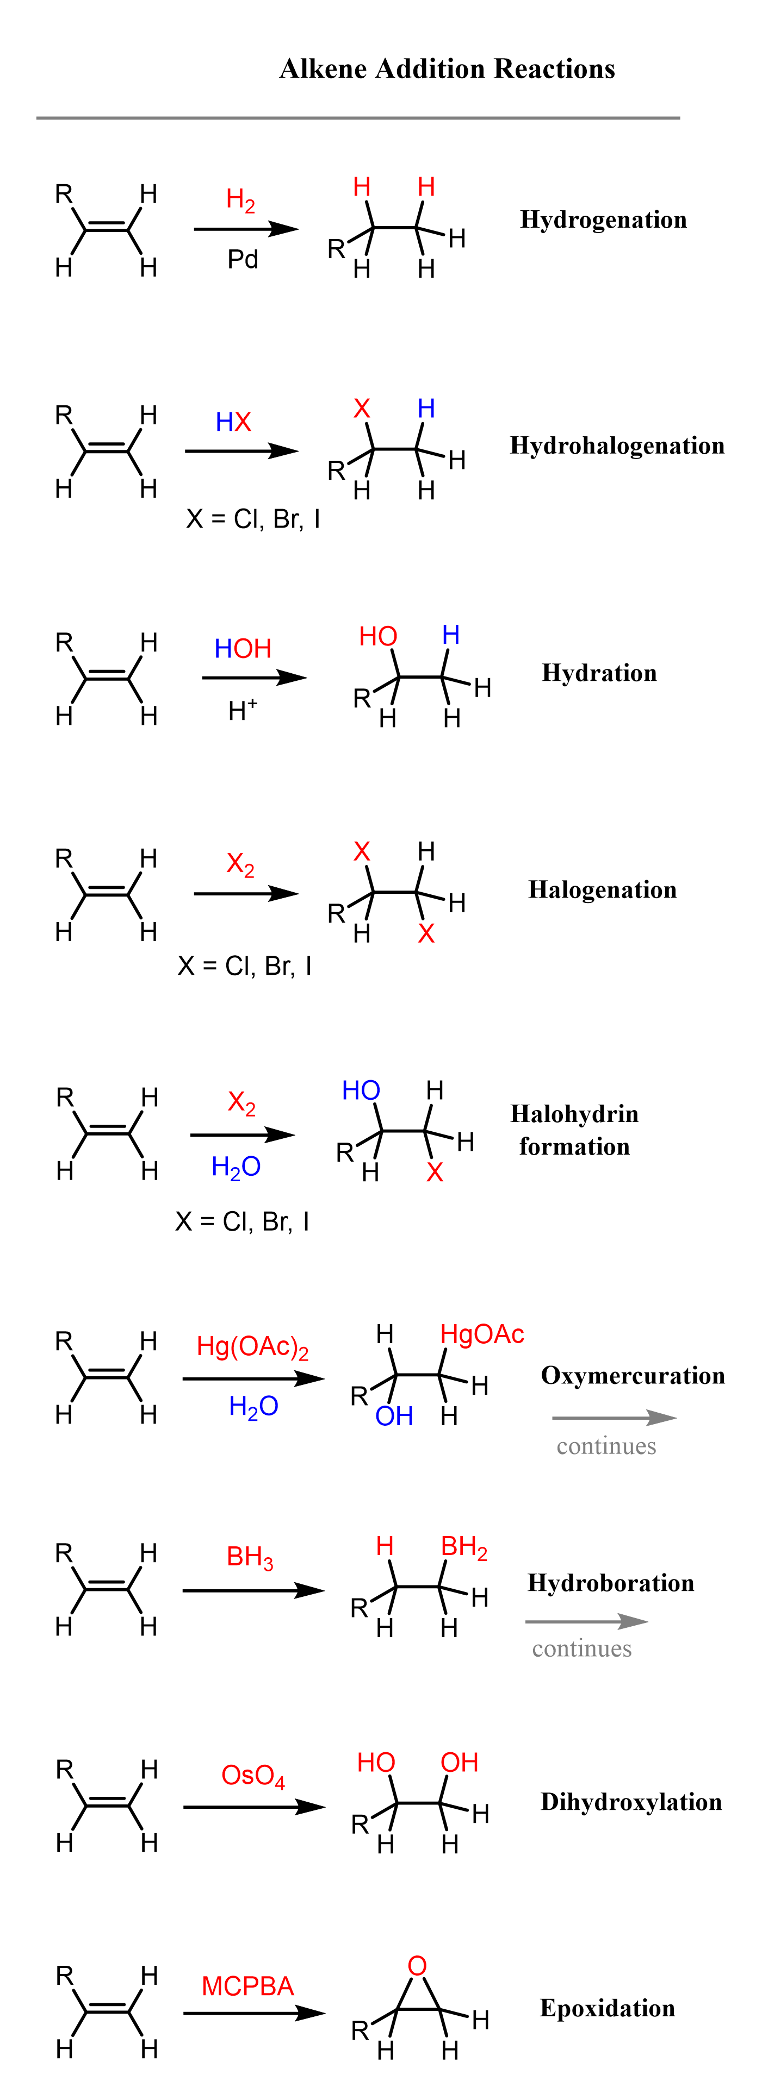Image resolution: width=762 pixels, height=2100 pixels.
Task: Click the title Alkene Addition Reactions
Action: click(447, 70)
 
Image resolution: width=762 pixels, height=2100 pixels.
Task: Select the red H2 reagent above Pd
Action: click(240, 200)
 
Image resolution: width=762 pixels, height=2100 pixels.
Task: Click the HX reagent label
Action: click(233, 422)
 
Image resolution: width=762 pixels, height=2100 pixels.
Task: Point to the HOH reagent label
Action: click(243, 649)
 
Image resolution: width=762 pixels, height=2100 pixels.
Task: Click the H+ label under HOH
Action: click(243, 710)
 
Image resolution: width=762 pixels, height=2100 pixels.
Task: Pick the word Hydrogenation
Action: click(603, 220)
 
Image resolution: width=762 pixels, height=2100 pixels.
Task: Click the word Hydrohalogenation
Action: click(617, 446)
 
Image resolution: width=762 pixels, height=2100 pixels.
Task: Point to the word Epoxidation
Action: click(607, 2008)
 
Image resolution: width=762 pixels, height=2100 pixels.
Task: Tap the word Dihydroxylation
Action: click(631, 1802)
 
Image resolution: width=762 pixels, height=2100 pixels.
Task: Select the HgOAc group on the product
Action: click(481, 1334)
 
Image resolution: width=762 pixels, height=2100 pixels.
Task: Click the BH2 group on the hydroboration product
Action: click(463, 1546)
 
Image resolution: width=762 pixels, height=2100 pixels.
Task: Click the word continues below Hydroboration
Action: click(582, 1648)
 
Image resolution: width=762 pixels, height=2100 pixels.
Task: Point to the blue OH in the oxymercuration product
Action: click(394, 1416)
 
